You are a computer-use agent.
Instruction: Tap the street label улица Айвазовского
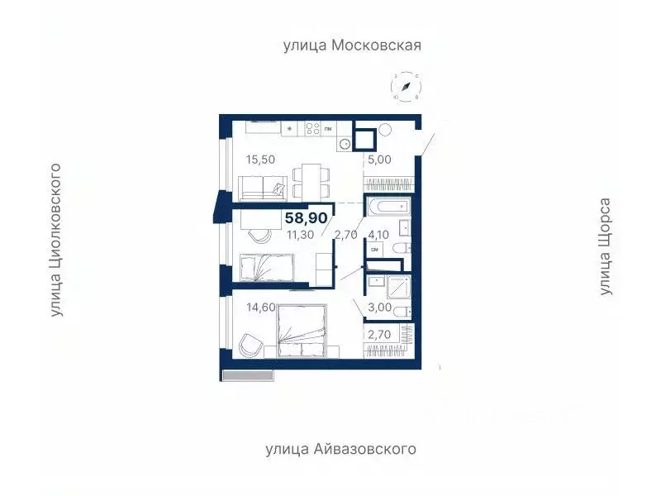point(340,450)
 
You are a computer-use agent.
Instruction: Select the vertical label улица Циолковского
point(57,240)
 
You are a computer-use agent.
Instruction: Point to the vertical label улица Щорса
point(606,246)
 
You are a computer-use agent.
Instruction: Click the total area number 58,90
point(307,218)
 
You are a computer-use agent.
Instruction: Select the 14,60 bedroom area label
point(260,308)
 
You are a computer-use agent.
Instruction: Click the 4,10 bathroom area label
point(379,235)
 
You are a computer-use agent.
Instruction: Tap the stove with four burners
point(312,128)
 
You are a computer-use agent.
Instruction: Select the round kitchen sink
point(345,143)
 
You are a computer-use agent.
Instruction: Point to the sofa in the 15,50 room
point(263,188)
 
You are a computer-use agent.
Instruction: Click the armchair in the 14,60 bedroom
point(251,344)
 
